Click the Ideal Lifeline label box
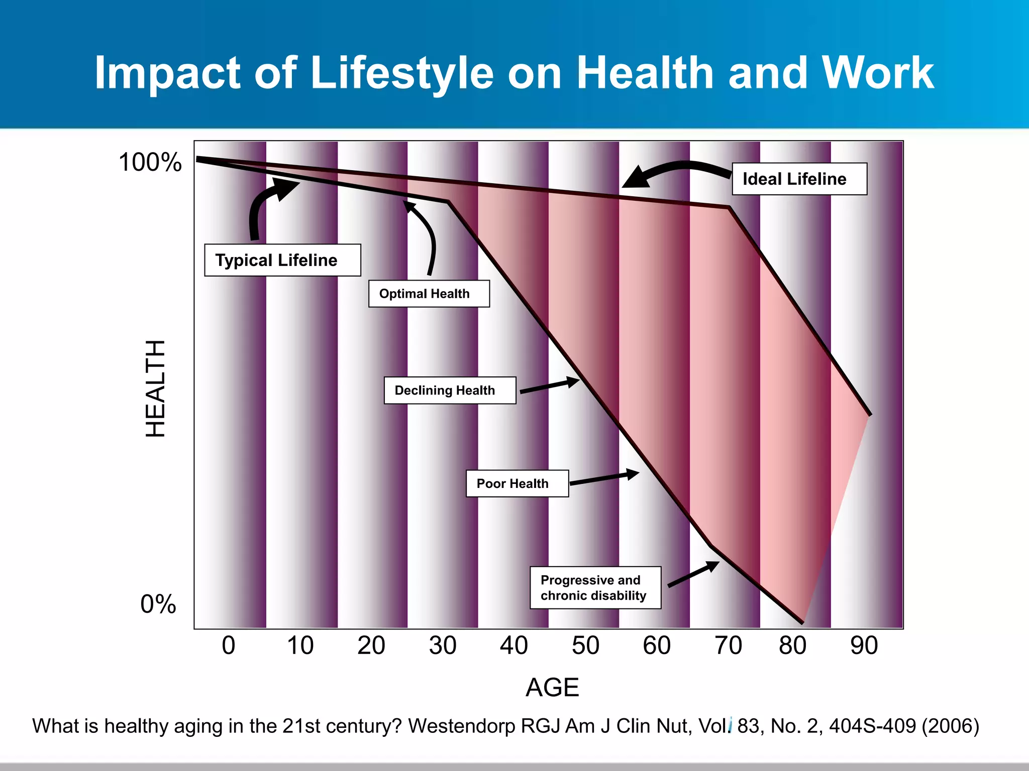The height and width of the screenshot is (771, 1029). pyautogui.click(x=799, y=179)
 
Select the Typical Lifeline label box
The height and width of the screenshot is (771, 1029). pyautogui.click(x=282, y=260)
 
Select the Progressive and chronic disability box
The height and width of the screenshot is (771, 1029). pyautogui.click(x=595, y=588)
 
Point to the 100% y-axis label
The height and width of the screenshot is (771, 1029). pyautogui.click(x=150, y=162)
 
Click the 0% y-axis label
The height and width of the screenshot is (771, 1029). pyautogui.click(x=158, y=604)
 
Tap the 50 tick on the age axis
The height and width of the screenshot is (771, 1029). pyautogui.click(x=585, y=646)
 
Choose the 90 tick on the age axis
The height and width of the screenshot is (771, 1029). pyautogui.click(x=864, y=646)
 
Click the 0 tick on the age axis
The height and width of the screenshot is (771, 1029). pyautogui.click(x=229, y=646)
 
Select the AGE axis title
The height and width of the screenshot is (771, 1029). pyautogui.click(x=552, y=687)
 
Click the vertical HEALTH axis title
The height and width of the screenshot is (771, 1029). pyautogui.click(x=155, y=388)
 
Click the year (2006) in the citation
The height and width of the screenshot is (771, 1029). pyautogui.click(x=950, y=726)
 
